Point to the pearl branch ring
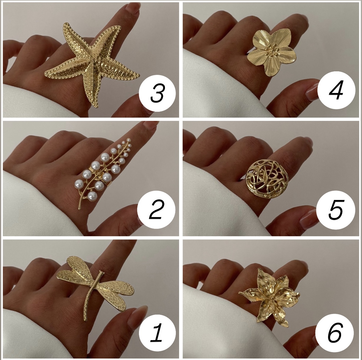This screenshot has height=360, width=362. pyautogui.click(x=104, y=173)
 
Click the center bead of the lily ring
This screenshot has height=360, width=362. pyautogui.click(x=271, y=298)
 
